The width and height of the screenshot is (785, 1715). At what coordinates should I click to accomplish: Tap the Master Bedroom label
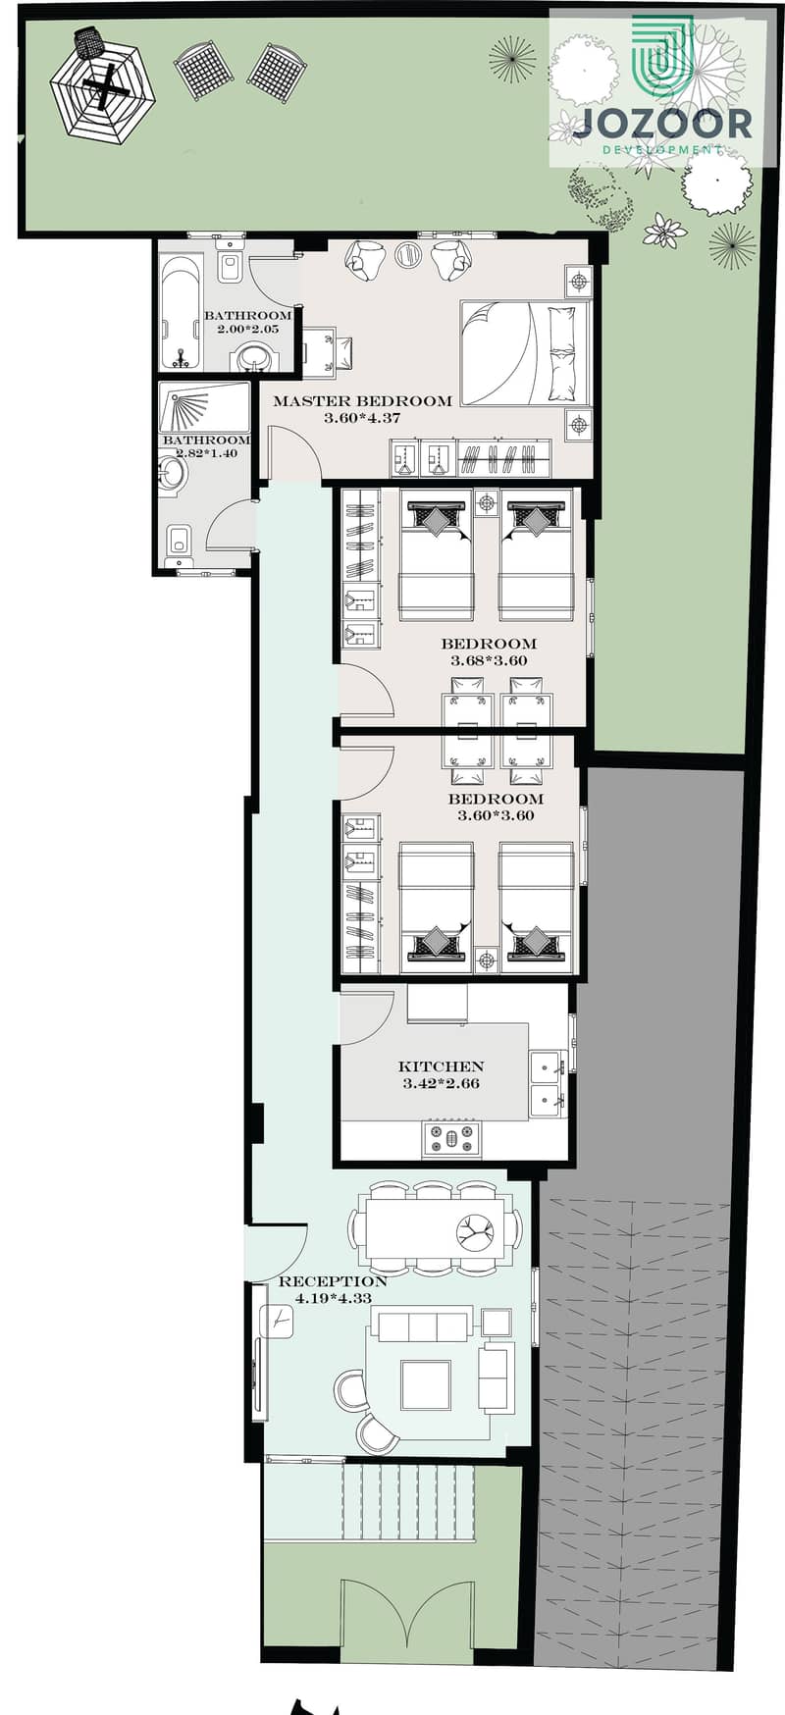tap(363, 400)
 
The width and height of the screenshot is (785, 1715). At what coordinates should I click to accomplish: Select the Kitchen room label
tap(441, 1066)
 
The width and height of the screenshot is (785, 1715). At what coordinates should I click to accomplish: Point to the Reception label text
tap(333, 1281)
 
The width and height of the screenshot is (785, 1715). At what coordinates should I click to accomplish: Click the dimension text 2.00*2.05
tap(247, 330)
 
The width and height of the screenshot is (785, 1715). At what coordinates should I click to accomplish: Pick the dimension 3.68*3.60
tap(489, 660)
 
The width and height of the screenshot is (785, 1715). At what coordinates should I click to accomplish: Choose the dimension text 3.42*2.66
tap(441, 1084)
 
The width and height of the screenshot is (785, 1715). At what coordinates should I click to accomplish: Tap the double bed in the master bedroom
tap(525, 353)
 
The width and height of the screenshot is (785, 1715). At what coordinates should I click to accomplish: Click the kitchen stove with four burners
tap(452, 1138)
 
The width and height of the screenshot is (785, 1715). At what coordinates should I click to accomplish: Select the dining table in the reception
tap(436, 1227)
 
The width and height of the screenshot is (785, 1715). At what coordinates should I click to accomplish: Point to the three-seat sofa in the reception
tap(425, 1326)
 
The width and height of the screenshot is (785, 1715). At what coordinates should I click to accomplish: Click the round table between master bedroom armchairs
tap(407, 255)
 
